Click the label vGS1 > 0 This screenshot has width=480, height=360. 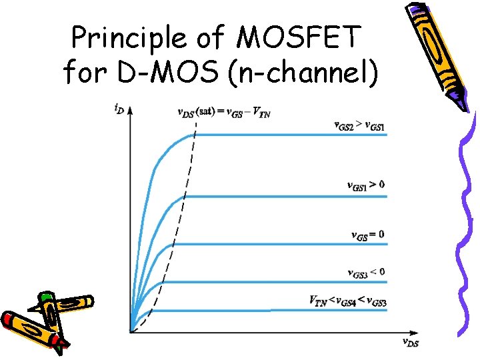pyautogui.click(x=366, y=185)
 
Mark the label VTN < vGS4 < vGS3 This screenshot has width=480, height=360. pyautogui.click(x=347, y=301)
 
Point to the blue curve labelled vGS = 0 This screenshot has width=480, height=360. pyautogui.click(x=267, y=243)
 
